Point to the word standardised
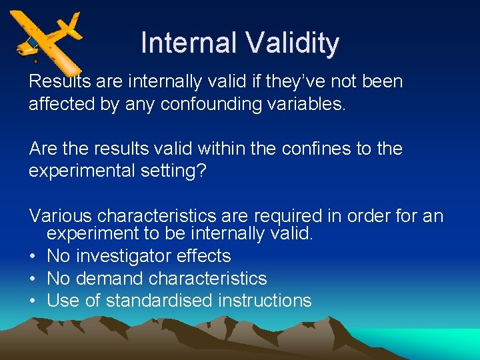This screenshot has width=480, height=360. pyautogui.click(x=159, y=301)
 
